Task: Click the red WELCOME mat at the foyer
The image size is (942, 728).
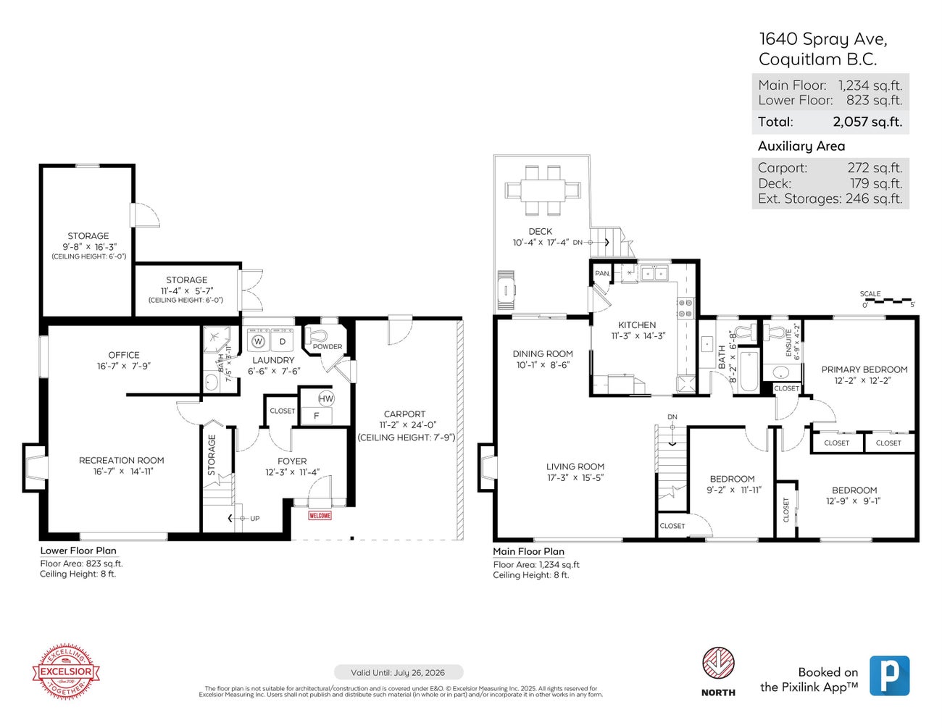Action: tap(320, 516)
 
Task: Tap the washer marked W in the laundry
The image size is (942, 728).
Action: tap(258, 341)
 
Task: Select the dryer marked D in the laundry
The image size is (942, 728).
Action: tap(283, 341)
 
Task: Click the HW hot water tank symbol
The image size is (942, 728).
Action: tap(325, 398)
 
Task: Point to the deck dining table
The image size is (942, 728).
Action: tap(543, 191)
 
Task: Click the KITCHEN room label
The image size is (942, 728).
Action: tap(637, 325)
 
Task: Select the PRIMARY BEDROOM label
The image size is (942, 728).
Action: tap(864, 369)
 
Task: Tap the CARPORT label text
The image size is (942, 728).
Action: tap(404, 414)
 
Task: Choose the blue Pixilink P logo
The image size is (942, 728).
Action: tap(889, 676)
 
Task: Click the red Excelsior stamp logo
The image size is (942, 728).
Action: tap(66, 671)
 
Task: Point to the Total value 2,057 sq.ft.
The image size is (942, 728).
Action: tap(867, 122)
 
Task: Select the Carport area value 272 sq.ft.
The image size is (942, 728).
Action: tap(875, 168)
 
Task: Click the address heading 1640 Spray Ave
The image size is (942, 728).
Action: tap(822, 39)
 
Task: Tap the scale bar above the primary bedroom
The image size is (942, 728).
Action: tap(888, 300)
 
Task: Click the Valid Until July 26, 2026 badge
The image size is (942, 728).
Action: tap(398, 673)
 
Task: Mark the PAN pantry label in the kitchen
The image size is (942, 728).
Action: tap(601, 274)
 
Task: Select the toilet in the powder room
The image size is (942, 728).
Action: tap(317, 335)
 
